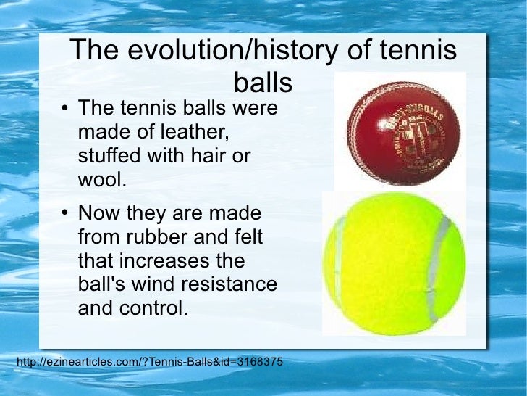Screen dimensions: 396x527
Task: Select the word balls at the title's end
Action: (x=263, y=82)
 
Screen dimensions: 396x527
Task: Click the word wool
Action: (x=102, y=180)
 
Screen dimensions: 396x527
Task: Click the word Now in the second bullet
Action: (x=97, y=214)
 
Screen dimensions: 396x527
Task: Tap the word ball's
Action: (x=100, y=284)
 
